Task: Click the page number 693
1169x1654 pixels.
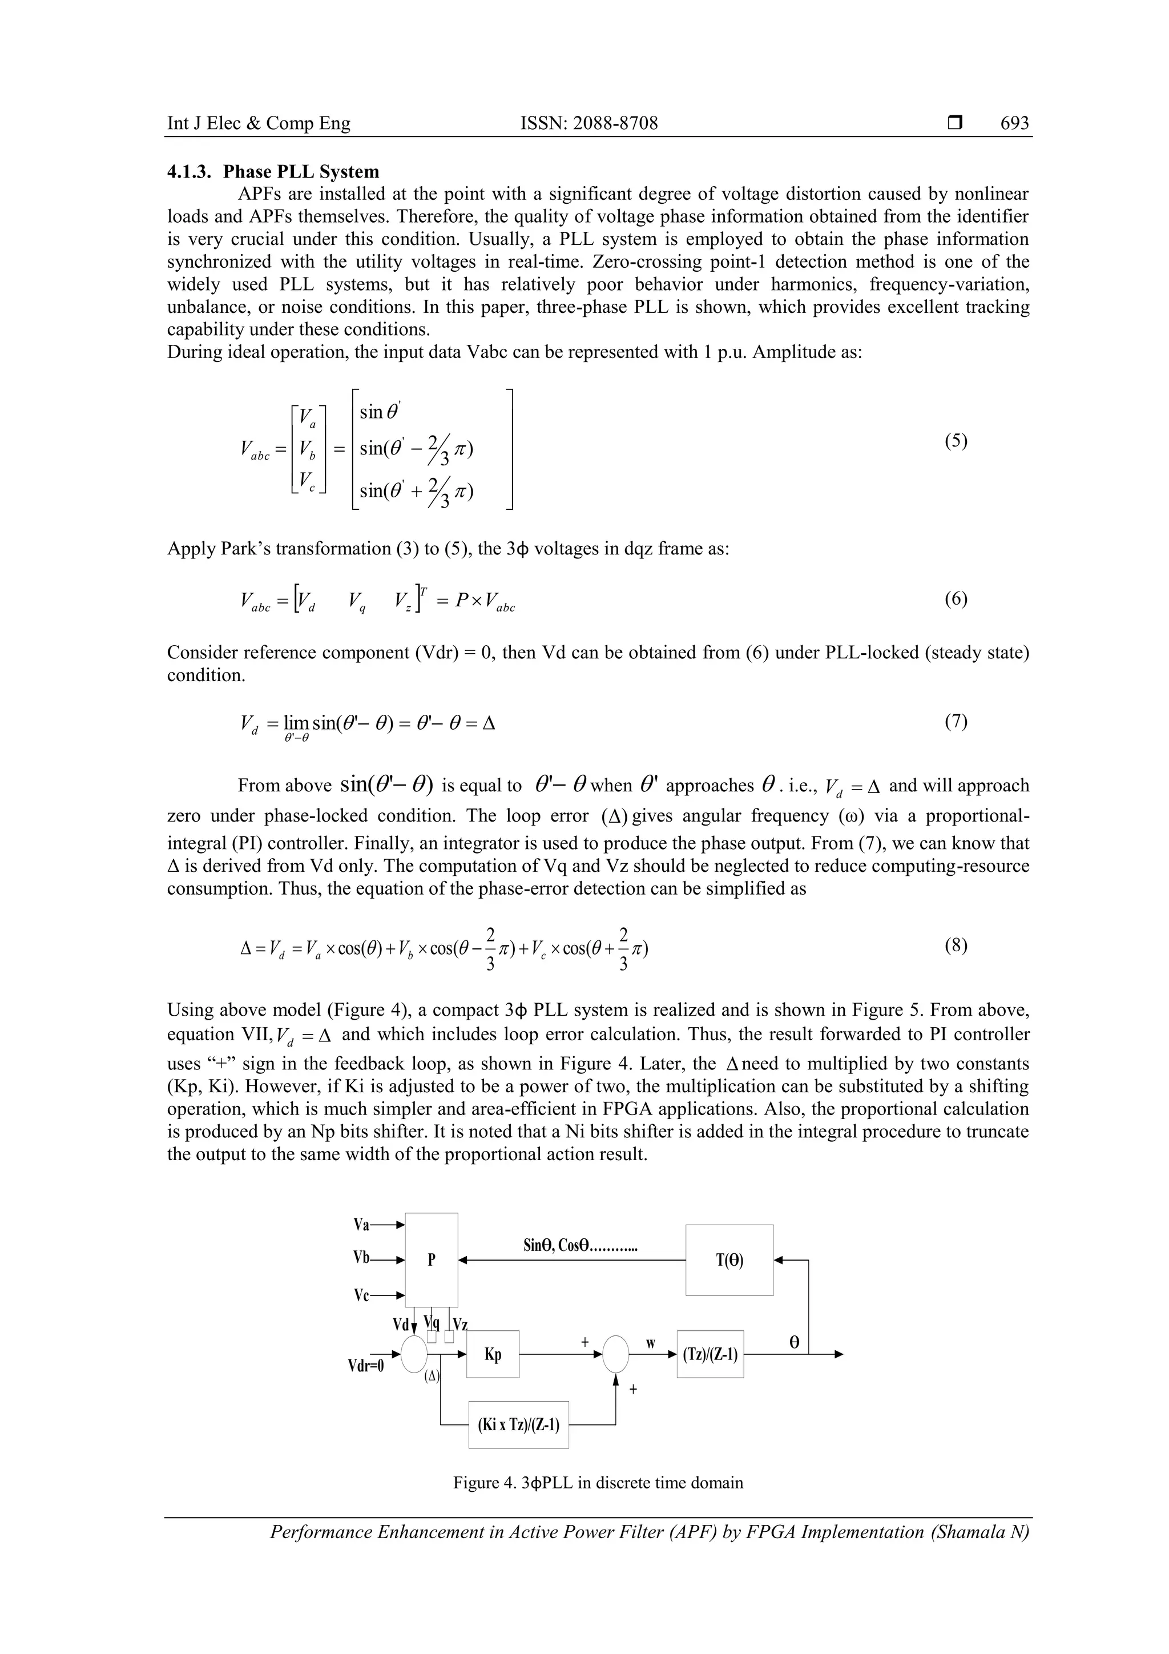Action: [x=1014, y=123]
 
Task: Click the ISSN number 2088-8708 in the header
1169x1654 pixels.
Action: [x=588, y=123]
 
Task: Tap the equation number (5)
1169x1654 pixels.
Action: [x=956, y=441]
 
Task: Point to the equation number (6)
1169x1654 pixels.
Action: [x=956, y=599]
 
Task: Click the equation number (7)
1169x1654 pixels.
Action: [x=956, y=721]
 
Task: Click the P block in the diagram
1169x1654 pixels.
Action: [x=432, y=1260]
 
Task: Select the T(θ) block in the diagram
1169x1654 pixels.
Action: [x=729, y=1260]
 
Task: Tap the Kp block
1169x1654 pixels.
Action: [x=493, y=1354]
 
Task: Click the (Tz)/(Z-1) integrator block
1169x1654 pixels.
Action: [x=710, y=1354]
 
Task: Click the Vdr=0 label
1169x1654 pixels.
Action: [x=366, y=1366]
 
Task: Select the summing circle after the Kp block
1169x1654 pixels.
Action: [x=615, y=1354]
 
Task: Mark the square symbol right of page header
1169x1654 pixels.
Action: [x=954, y=124]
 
